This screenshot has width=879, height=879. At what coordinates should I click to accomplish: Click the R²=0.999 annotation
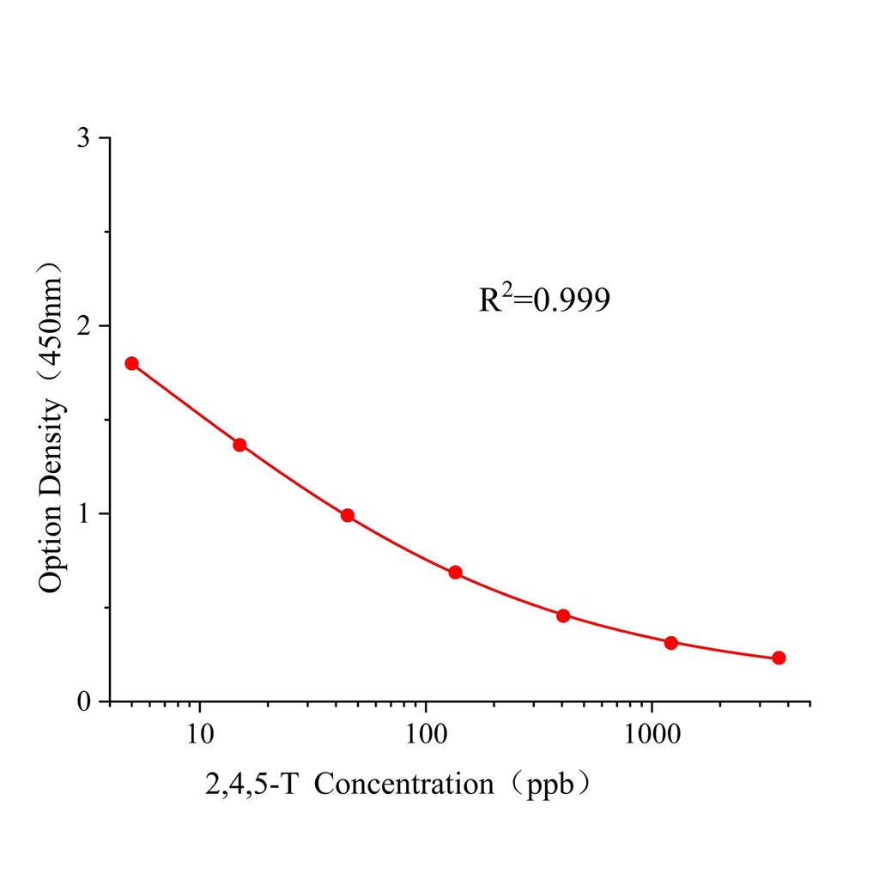544,300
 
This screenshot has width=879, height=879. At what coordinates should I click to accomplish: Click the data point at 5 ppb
131,363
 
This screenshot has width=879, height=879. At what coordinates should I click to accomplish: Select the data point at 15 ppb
239,445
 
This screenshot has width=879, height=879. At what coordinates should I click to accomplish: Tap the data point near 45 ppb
348,515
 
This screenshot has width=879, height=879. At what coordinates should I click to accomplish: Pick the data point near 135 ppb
455,573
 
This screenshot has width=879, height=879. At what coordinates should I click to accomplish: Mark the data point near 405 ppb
563,615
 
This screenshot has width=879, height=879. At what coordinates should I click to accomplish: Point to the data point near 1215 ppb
671,643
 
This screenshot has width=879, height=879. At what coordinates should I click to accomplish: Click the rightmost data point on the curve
779,658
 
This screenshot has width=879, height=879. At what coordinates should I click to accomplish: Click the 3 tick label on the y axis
83,138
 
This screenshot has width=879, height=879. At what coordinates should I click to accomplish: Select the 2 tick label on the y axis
83,326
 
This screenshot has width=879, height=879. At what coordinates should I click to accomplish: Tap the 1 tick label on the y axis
83,513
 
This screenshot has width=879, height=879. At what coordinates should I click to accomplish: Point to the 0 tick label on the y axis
83,701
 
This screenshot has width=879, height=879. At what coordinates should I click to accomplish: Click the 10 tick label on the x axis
200,734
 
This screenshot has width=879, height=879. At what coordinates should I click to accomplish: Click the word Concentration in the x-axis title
403,785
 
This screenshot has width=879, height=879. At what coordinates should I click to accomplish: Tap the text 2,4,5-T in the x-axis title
251,785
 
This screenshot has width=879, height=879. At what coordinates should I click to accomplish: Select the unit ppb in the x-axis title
547,785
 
